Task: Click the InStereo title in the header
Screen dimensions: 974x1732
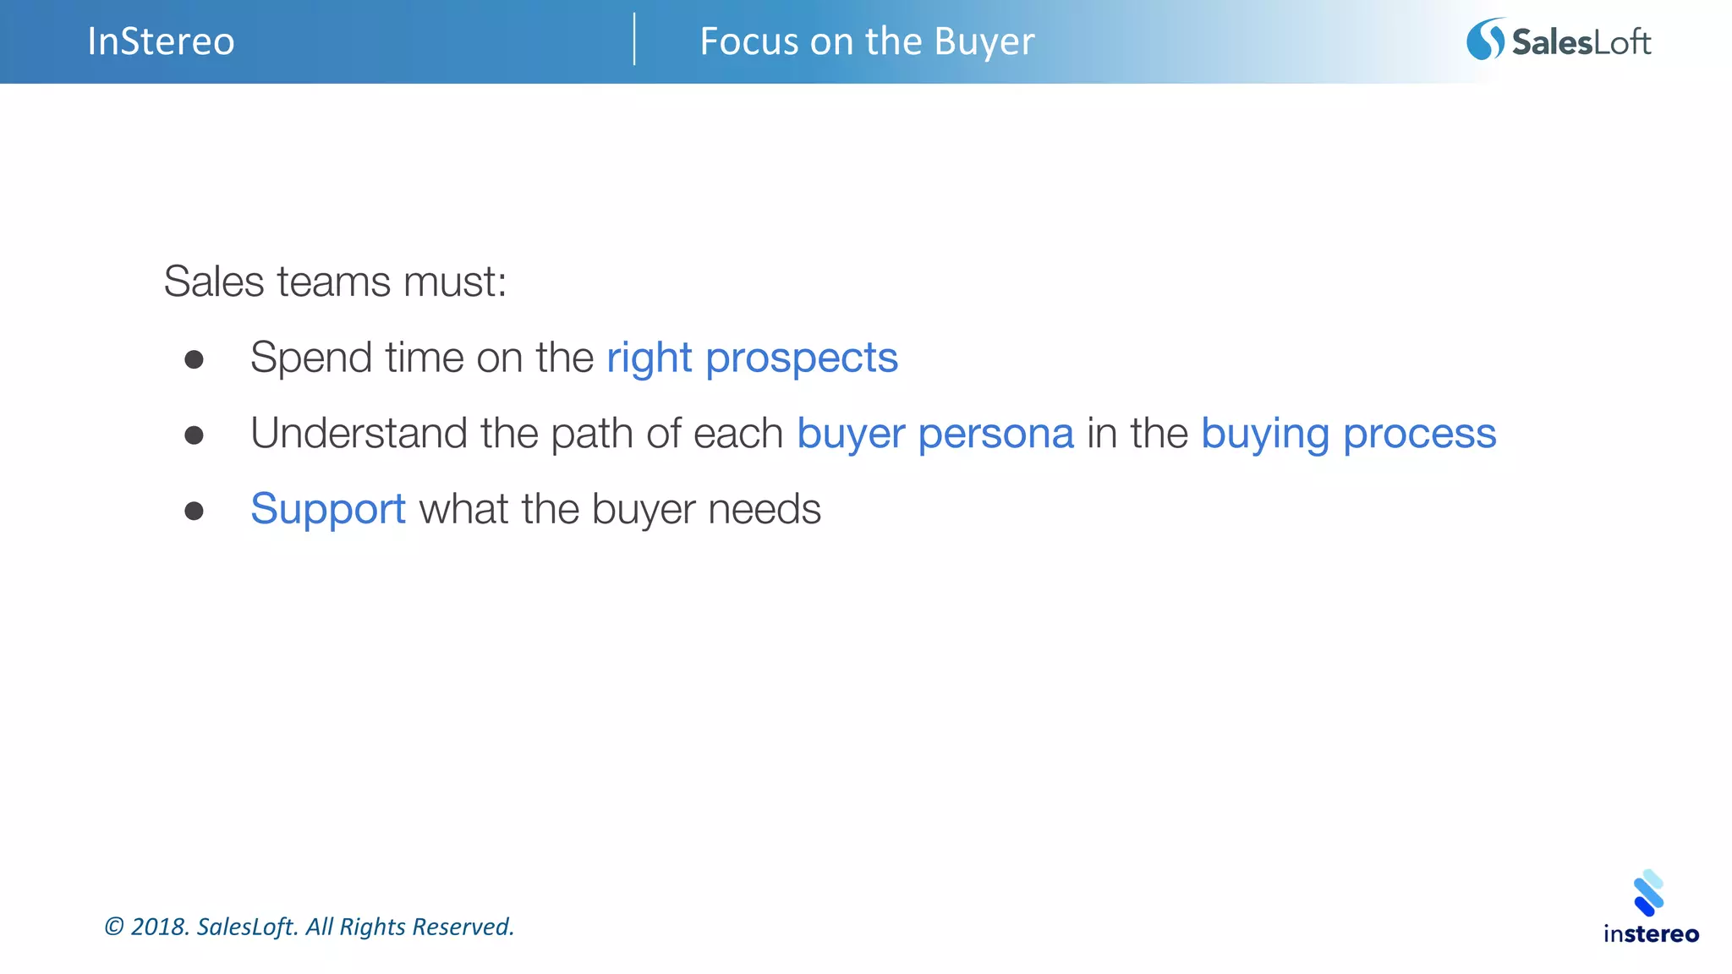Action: click(x=161, y=41)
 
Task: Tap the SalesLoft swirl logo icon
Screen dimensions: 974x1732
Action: click(x=1485, y=40)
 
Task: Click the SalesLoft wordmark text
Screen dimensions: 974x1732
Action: click(x=1581, y=42)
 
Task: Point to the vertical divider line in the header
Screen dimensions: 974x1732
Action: click(x=634, y=39)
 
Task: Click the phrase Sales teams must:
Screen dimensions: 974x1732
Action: click(x=335, y=282)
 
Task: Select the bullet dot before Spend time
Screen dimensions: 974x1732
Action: click(x=195, y=360)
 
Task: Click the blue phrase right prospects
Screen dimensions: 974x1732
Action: click(x=752, y=358)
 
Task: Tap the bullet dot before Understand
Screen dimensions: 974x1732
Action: click(x=195, y=435)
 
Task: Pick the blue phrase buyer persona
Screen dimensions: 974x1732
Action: click(x=935, y=434)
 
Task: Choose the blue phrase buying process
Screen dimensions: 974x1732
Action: click(x=1348, y=434)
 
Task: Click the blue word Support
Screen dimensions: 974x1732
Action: click(x=328, y=509)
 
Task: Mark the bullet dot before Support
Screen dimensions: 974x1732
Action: click(x=195, y=511)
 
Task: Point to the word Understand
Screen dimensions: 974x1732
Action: click(x=359, y=434)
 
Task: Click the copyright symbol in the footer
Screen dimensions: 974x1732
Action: click(x=113, y=927)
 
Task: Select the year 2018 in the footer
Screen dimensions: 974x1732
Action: click(x=158, y=927)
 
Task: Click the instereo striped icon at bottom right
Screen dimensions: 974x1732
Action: click(x=1649, y=893)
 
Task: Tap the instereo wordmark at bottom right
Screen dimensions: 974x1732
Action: click(x=1651, y=934)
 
